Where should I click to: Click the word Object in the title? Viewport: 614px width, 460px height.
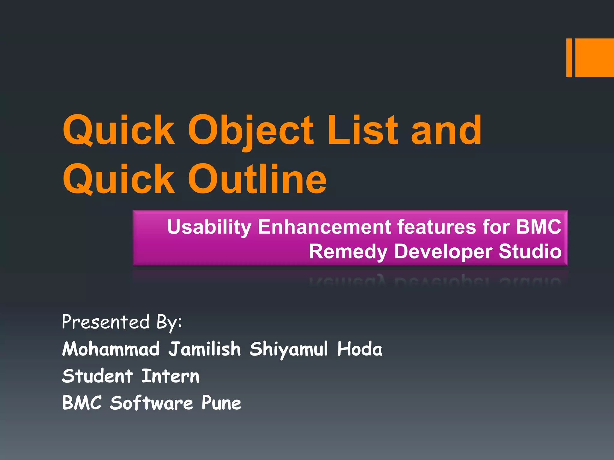pos(250,131)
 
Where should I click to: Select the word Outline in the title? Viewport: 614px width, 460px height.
pos(257,180)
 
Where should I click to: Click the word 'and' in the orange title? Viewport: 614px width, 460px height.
pos(446,131)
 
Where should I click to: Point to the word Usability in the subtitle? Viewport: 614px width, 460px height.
pos(209,227)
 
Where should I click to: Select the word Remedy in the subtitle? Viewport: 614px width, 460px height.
pos(348,252)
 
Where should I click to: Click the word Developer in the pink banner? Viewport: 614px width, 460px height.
pos(443,252)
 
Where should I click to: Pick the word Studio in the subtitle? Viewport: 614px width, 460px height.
pos(530,252)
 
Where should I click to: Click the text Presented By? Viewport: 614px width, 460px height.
pos(122,322)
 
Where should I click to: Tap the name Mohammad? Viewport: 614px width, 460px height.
pos(111,349)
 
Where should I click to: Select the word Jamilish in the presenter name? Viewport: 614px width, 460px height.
pos(204,349)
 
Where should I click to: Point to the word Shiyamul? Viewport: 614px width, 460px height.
pos(288,349)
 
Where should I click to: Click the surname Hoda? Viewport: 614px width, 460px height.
pos(359,349)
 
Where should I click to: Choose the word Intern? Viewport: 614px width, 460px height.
pos(170,376)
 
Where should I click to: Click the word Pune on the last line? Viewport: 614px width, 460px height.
pos(221,403)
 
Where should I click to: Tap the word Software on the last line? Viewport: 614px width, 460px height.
pos(151,403)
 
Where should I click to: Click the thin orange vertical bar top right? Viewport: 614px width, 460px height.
pos(569,57)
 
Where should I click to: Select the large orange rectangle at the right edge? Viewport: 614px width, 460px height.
pos(595,57)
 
